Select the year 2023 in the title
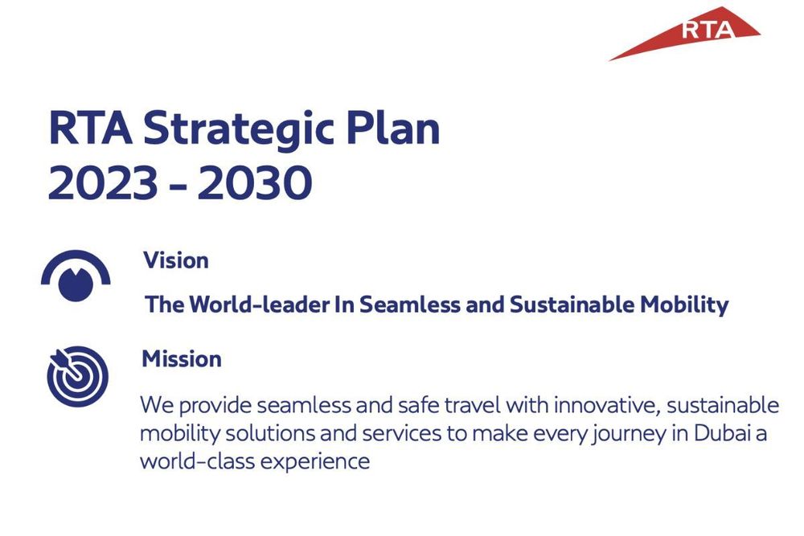101,184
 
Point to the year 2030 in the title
255,184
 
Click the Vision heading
176,260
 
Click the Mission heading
182,358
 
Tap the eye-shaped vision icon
75,278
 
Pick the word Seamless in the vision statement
408,305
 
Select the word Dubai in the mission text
732,433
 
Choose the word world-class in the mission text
192,462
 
